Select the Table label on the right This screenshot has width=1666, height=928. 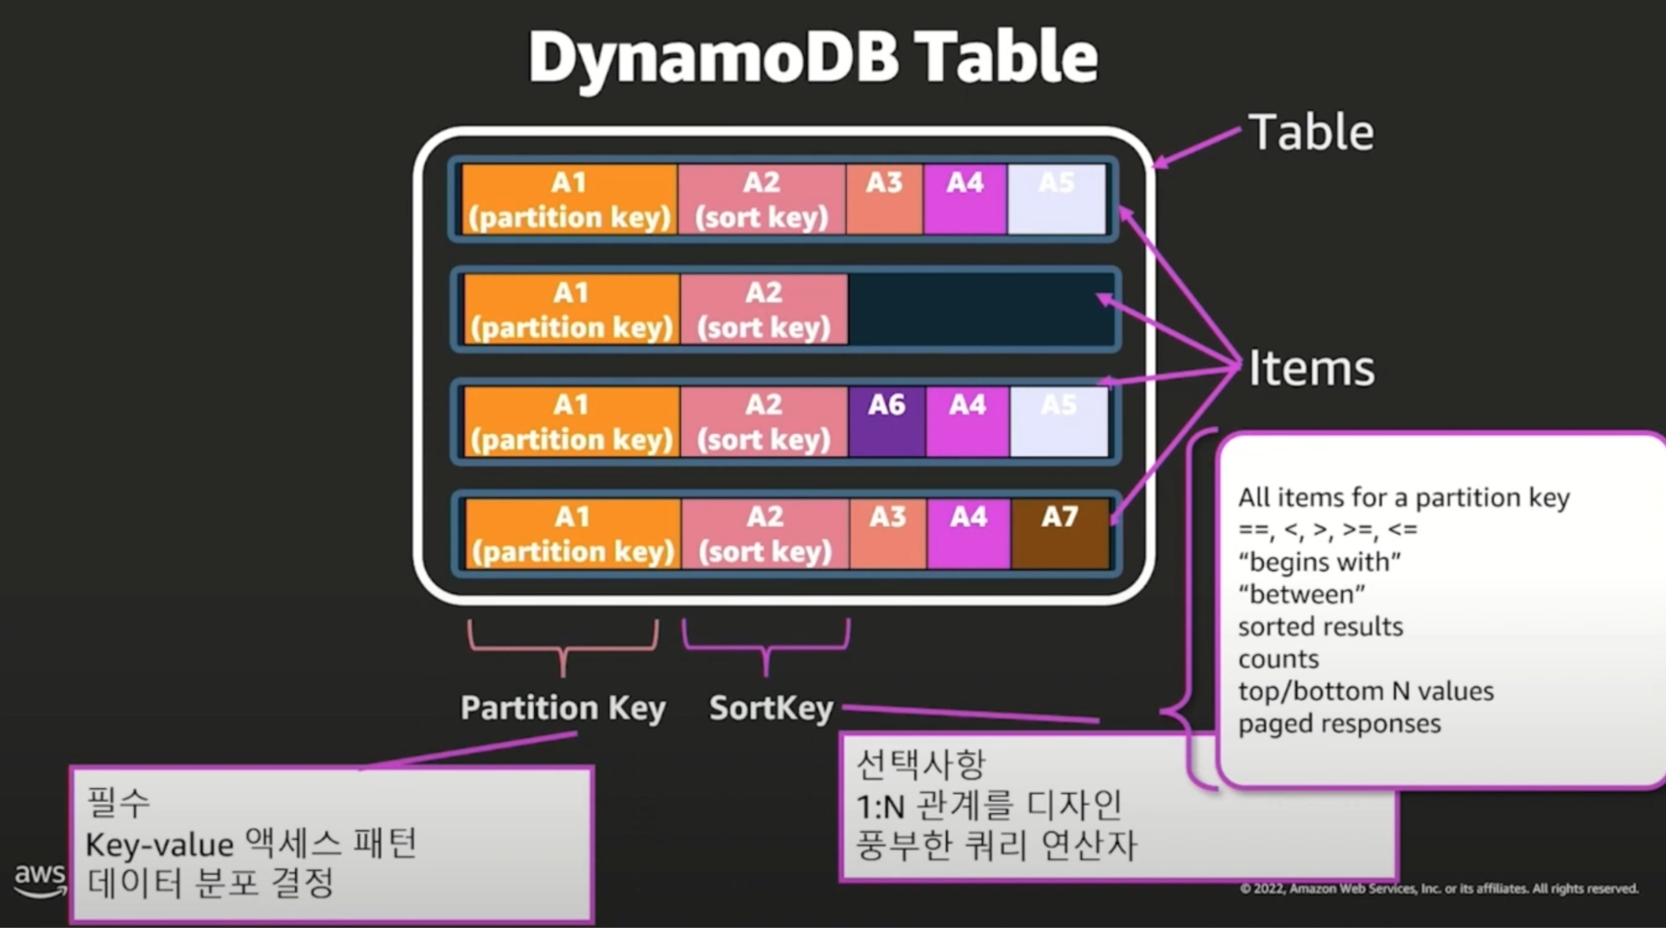[1311, 132]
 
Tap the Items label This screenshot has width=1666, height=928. [1311, 368]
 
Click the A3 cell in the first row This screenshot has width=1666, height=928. [884, 199]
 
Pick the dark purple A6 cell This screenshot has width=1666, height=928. [887, 422]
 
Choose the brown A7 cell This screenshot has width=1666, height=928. [1060, 533]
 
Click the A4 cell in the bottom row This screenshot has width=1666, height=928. [968, 533]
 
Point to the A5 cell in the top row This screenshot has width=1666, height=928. [1056, 199]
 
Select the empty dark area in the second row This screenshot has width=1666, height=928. [980, 310]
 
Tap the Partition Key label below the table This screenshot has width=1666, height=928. [563, 708]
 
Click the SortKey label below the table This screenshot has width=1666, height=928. [771, 708]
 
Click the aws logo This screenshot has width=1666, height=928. [40, 880]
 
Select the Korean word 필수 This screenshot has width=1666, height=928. [118, 802]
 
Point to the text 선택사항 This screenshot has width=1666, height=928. [921, 765]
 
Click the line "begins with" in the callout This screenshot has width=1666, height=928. [1320, 562]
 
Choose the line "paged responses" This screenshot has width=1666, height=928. [1339, 724]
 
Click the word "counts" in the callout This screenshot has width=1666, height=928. [1278, 659]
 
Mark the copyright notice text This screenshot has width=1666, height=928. [1439, 888]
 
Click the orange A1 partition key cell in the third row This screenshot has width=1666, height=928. [572, 422]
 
